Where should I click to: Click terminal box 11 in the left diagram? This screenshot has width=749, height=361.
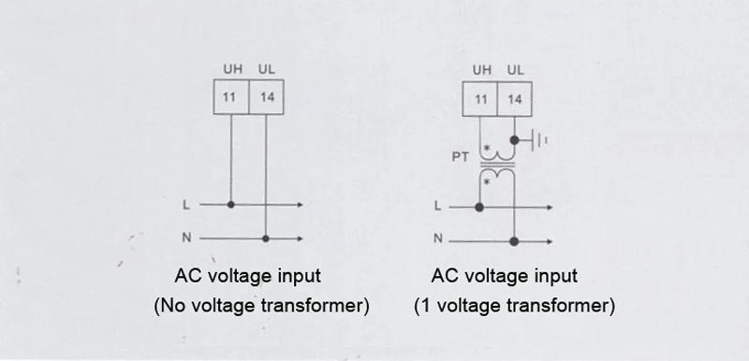(231, 97)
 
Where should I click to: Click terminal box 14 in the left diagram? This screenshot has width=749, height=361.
(266, 97)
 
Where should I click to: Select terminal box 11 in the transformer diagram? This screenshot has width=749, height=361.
(479, 99)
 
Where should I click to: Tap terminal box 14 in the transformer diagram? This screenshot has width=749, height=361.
(514, 99)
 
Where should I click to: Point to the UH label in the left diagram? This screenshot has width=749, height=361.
(232, 69)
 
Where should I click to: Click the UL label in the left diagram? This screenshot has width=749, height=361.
(267, 69)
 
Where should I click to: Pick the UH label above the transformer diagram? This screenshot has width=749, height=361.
(481, 70)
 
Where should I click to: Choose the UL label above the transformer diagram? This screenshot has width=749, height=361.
(516, 70)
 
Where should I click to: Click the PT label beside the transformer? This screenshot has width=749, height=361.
(460, 156)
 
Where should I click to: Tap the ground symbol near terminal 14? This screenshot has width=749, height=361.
(538, 140)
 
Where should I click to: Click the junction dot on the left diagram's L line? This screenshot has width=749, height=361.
(230, 205)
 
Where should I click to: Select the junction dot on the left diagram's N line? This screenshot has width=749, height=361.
(266, 238)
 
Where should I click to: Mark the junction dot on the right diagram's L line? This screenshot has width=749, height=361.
(479, 208)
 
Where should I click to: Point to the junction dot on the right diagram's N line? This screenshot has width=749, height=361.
(514, 242)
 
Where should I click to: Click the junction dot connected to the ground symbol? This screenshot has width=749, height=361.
(514, 140)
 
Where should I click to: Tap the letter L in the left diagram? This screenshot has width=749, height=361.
(185, 205)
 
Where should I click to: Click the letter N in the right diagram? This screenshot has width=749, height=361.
(438, 238)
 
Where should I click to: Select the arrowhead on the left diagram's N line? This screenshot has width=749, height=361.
(300, 238)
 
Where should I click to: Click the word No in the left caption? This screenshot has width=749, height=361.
(171, 305)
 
